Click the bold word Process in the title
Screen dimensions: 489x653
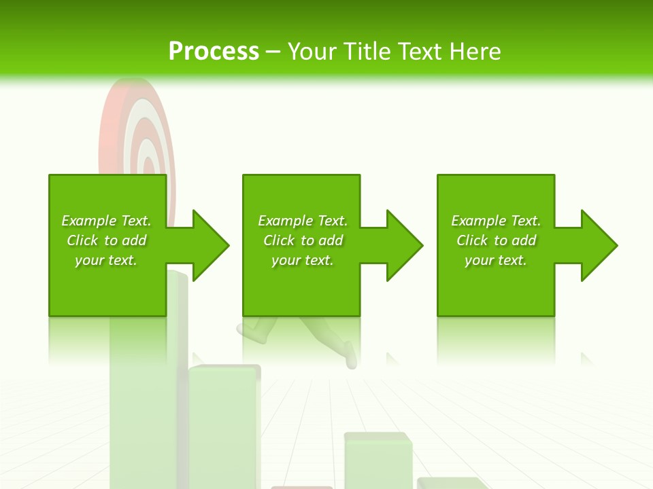(214, 52)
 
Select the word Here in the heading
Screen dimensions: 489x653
(474, 52)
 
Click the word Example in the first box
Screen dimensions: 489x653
(88, 221)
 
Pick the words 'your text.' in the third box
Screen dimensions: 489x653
(495, 260)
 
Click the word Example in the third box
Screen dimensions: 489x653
(479, 221)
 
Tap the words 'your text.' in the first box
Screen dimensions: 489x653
(106, 260)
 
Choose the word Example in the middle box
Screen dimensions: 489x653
(286, 221)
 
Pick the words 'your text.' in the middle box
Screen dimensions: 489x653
(302, 260)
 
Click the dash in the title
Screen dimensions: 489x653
(273, 52)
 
